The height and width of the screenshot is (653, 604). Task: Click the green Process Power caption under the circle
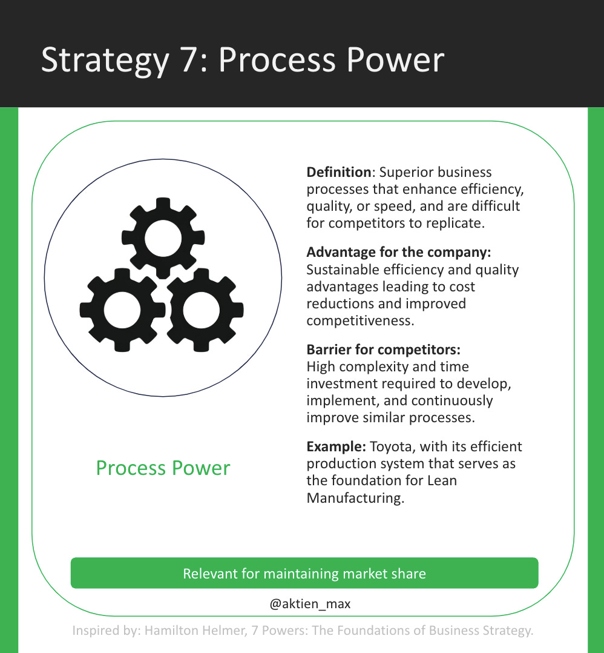[163, 468]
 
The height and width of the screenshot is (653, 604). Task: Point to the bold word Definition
[339, 172]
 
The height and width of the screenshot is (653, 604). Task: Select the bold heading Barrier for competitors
[384, 350]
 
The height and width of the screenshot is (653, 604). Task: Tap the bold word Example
[336, 447]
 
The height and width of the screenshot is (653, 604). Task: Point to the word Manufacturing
[355, 498]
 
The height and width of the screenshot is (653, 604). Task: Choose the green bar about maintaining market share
[304, 573]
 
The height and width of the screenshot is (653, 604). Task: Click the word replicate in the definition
[455, 223]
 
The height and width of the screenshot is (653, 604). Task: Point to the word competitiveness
[360, 320]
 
